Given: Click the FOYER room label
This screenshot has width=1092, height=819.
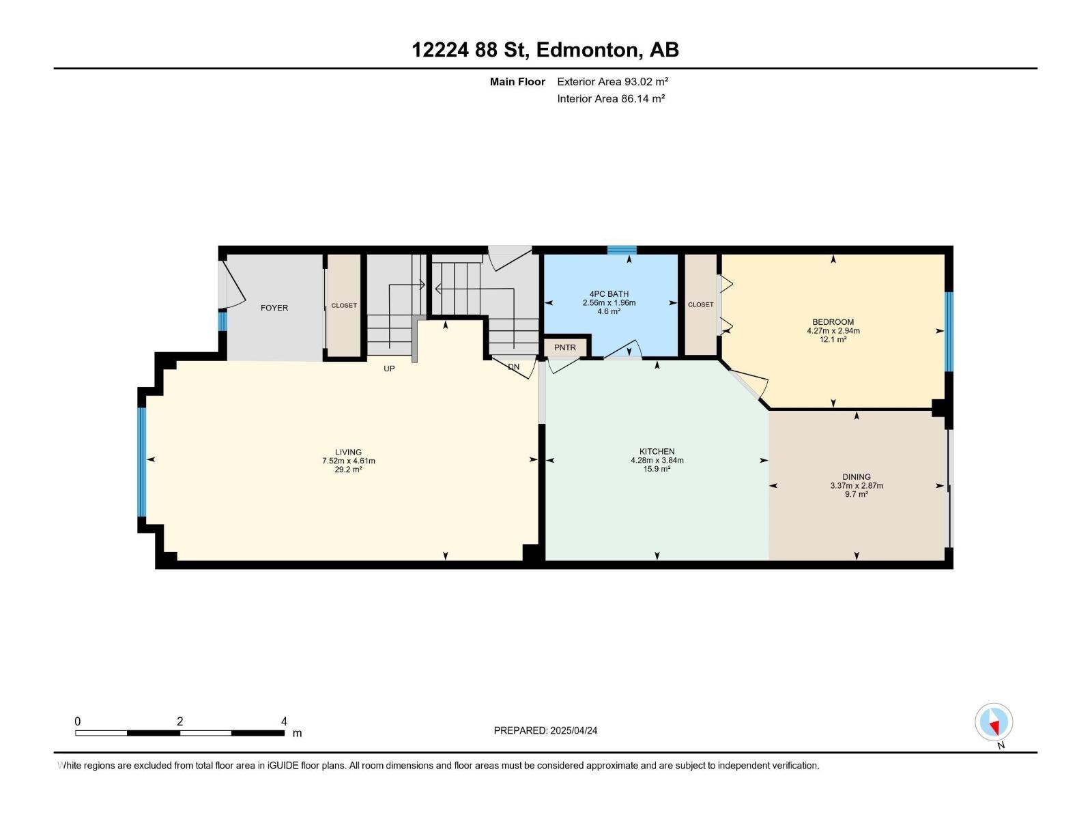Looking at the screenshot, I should tap(274, 308).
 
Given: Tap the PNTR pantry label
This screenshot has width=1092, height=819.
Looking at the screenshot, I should tap(565, 347).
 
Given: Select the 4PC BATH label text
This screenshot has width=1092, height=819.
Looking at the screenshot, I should tap(609, 294).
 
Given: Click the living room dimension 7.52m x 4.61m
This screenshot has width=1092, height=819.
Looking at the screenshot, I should tap(348, 461).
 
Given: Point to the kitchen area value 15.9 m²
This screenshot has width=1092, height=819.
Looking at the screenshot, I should tap(657, 469).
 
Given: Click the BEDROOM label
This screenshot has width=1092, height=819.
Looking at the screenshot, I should tap(833, 322).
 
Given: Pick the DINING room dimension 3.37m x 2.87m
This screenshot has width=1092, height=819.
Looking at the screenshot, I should tap(856, 486).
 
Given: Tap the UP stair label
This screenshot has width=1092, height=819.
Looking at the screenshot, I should tap(389, 369).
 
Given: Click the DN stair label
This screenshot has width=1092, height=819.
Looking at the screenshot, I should tap(514, 367).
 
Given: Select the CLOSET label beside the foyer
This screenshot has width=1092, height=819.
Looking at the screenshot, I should tap(344, 306).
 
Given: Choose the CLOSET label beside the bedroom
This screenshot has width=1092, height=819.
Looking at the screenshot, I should tap(700, 304).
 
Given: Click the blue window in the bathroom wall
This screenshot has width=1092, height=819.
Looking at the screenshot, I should tap(622, 250).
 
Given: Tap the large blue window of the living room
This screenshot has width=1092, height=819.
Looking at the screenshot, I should tap(142, 461).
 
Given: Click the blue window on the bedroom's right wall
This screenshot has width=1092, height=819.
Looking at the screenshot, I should tap(949, 332).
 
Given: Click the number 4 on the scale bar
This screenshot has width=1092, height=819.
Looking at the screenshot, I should tap(284, 721).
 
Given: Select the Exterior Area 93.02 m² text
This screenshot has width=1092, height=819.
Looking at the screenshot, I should tap(612, 81).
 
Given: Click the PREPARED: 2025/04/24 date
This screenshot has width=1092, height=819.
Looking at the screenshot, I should tap(545, 730).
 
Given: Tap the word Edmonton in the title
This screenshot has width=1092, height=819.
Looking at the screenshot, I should tap(588, 50).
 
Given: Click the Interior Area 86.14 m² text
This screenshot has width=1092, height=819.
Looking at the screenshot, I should tap(611, 98).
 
